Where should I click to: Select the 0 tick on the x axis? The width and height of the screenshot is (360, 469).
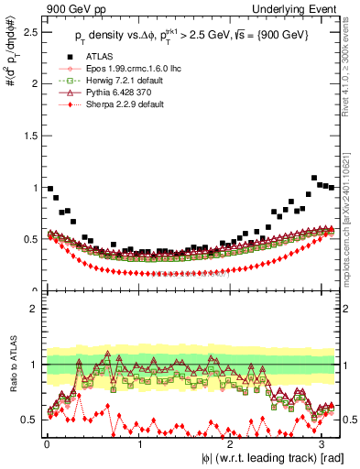click(x=47, y=443)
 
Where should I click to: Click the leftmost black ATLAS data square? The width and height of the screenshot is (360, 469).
click(x=49, y=188)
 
